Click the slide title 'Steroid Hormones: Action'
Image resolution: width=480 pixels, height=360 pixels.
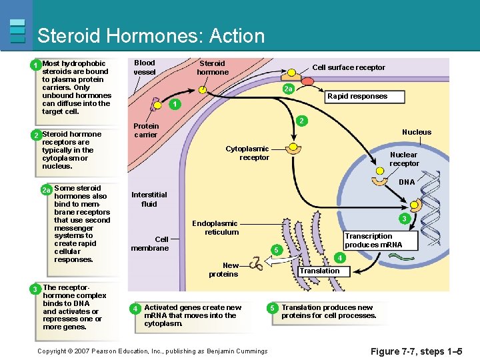[151, 35]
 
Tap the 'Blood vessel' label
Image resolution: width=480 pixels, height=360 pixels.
[145, 67]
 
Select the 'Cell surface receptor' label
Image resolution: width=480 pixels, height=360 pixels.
[349, 67]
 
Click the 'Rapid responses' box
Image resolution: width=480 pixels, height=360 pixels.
[357, 96]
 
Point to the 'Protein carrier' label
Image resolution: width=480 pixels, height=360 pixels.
[145, 130]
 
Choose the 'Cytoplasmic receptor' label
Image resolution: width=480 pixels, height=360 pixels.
[247, 153]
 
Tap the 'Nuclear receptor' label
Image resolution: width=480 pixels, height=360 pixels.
[403, 159]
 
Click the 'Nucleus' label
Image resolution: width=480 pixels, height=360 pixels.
[416, 132]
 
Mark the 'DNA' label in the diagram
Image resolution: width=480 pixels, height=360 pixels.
[406, 182]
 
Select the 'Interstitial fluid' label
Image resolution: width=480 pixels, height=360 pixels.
[149, 199]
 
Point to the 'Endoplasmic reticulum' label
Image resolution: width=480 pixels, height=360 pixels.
[215, 227]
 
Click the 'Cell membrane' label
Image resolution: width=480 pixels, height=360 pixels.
[150, 243]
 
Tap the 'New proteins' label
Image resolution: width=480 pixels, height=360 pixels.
[223, 269]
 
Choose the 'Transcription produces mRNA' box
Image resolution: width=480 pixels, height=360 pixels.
[368, 240]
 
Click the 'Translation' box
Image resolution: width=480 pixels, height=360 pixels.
[319, 271]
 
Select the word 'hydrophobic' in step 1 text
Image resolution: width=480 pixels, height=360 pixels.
[83, 64]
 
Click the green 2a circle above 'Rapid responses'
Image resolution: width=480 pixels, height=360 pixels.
[287, 89]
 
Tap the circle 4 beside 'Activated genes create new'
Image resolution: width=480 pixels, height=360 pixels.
[135, 309]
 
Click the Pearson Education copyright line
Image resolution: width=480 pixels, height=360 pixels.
[152, 351]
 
